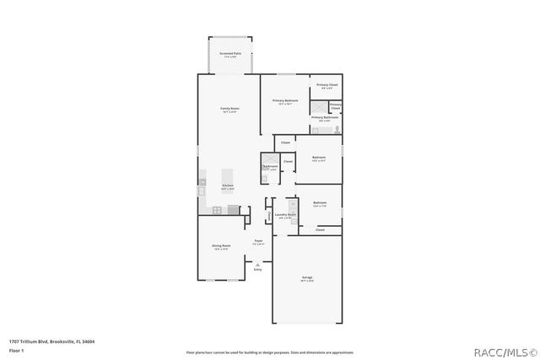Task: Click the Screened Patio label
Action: [x=229, y=53]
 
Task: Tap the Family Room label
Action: [x=229, y=110]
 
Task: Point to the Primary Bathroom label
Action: [x=325, y=118]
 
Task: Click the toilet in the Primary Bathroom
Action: [x=337, y=130]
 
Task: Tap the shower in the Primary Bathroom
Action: [x=318, y=107]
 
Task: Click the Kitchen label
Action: [x=227, y=186]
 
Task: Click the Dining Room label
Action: [x=221, y=246]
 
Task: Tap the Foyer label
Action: [x=259, y=242]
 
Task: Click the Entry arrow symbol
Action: [x=257, y=265]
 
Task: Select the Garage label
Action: [x=307, y=278]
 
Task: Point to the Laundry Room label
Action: [x=285, y=215]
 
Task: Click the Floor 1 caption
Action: [x=16, y=349]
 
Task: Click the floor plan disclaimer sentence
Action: [x=270, y=352]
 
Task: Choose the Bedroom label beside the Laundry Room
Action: [x=320, y=203]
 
